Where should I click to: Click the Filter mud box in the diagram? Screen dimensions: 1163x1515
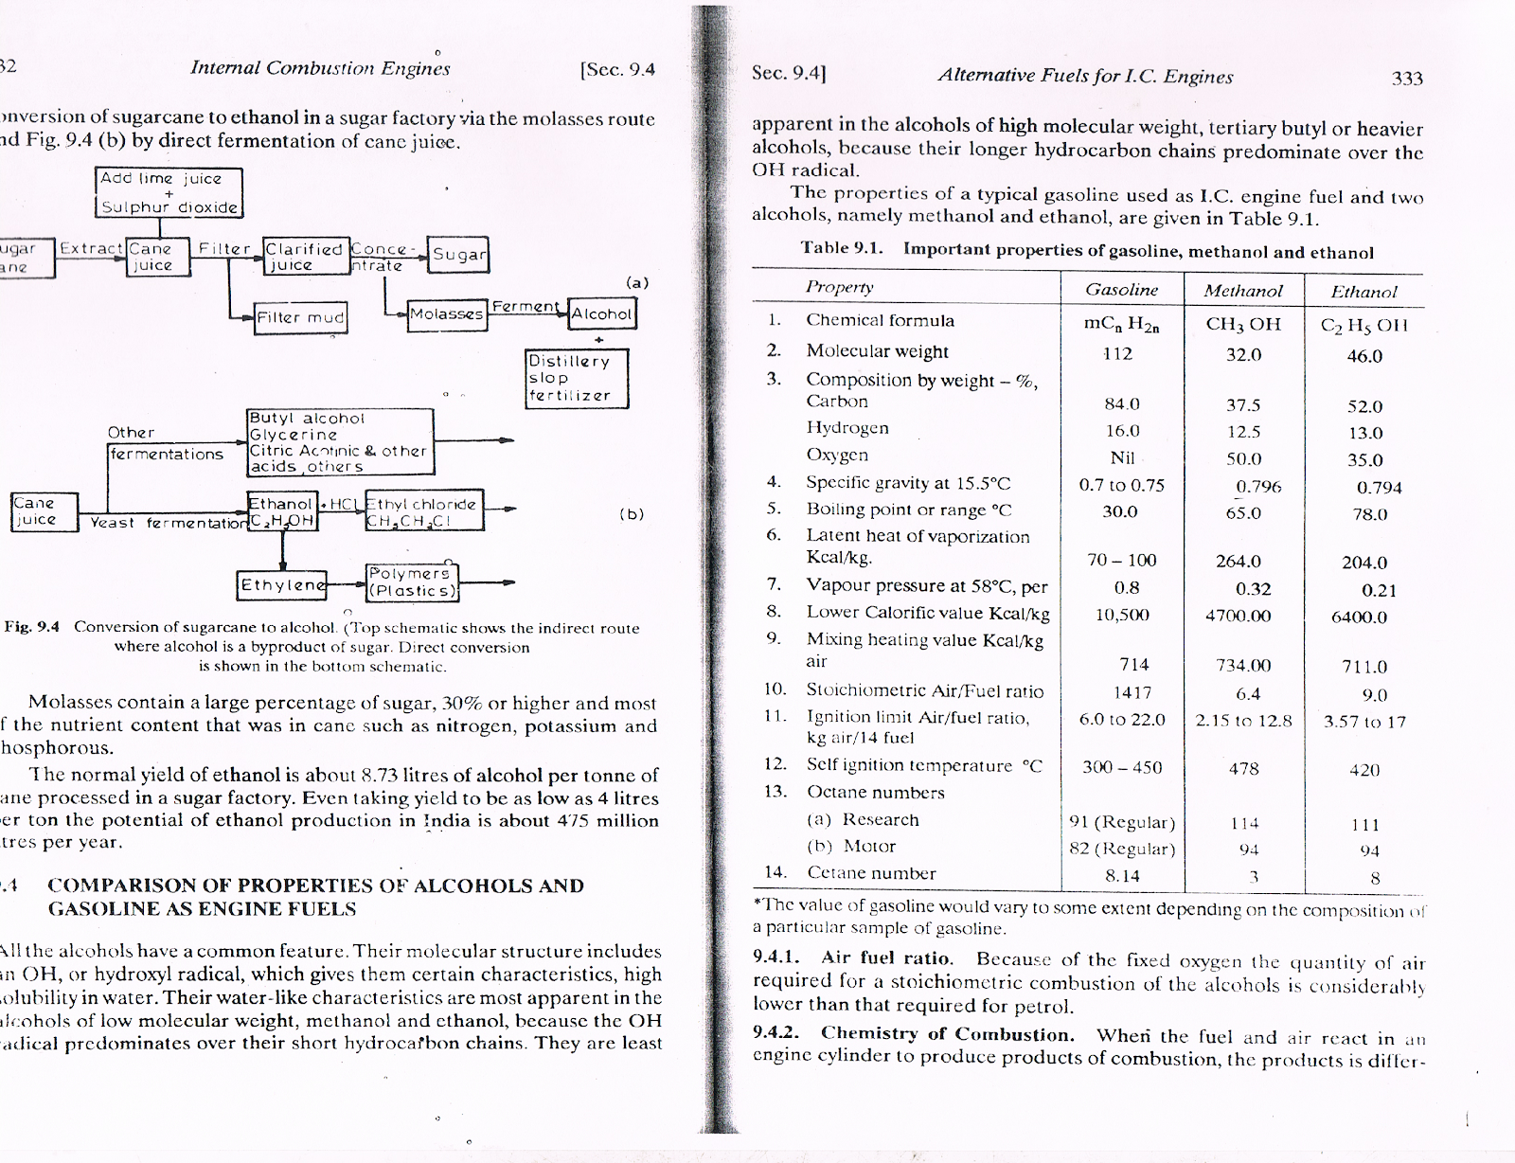click(300, 317)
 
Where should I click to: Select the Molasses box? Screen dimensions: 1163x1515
click(447, 314)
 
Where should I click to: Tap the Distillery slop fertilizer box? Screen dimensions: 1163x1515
click(577, 379)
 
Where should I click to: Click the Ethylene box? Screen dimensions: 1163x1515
click(281, 585)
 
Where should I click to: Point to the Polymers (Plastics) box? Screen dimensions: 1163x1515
click(412, 582)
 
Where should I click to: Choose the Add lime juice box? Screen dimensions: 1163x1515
click(169, 192)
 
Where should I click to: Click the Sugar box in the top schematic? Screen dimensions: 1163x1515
click(458, 254)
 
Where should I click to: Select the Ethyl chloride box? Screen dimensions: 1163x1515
click(422, 512)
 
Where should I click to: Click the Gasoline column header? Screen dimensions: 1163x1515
click(1121, 290)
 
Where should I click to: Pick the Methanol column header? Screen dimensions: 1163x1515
click(1242, 291)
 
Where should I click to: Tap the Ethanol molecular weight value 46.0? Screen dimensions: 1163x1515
click(1364, 356)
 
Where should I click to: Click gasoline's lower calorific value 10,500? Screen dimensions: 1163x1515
click(1121, 615)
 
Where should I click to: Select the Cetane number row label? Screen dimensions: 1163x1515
click(870, 873)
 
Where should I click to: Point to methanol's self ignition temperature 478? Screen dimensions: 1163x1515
click(1243, 769)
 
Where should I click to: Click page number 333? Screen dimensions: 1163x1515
click(1407, 79)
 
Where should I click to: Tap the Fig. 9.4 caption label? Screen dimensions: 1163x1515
click(31, 627)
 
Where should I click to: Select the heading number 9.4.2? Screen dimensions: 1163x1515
click(776, 1033)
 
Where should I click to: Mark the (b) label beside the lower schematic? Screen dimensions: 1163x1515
click(631, 514)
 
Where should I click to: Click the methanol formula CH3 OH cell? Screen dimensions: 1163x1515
click(1242, 325)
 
